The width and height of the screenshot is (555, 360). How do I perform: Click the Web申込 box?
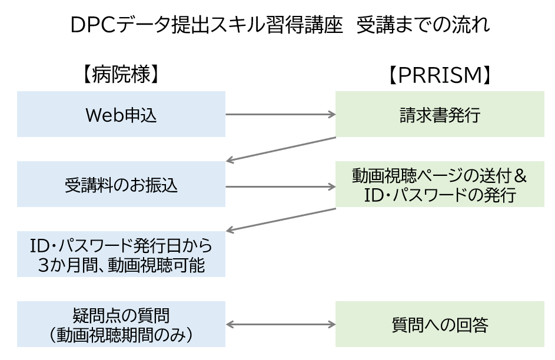121,114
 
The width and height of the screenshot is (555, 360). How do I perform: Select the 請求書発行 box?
440,114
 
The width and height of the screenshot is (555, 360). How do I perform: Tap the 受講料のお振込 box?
121,185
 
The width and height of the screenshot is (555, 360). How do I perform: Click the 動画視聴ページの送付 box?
440,185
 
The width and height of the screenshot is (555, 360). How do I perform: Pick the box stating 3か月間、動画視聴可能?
121,254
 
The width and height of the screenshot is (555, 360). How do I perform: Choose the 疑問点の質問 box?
121,324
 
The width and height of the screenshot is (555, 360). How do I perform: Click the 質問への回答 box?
440,324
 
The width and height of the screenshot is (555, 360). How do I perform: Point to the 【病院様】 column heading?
121,75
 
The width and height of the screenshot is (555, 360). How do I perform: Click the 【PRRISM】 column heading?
440,75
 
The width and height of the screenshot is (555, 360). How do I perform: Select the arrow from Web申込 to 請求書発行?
280,115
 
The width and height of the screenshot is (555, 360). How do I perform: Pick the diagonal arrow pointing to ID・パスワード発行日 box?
280,219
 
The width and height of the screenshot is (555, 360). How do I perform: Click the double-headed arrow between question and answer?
280,324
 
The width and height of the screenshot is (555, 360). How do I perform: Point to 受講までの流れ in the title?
423,25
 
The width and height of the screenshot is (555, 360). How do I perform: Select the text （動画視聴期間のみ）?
121,335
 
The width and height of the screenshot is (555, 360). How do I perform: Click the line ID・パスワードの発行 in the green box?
440,195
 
